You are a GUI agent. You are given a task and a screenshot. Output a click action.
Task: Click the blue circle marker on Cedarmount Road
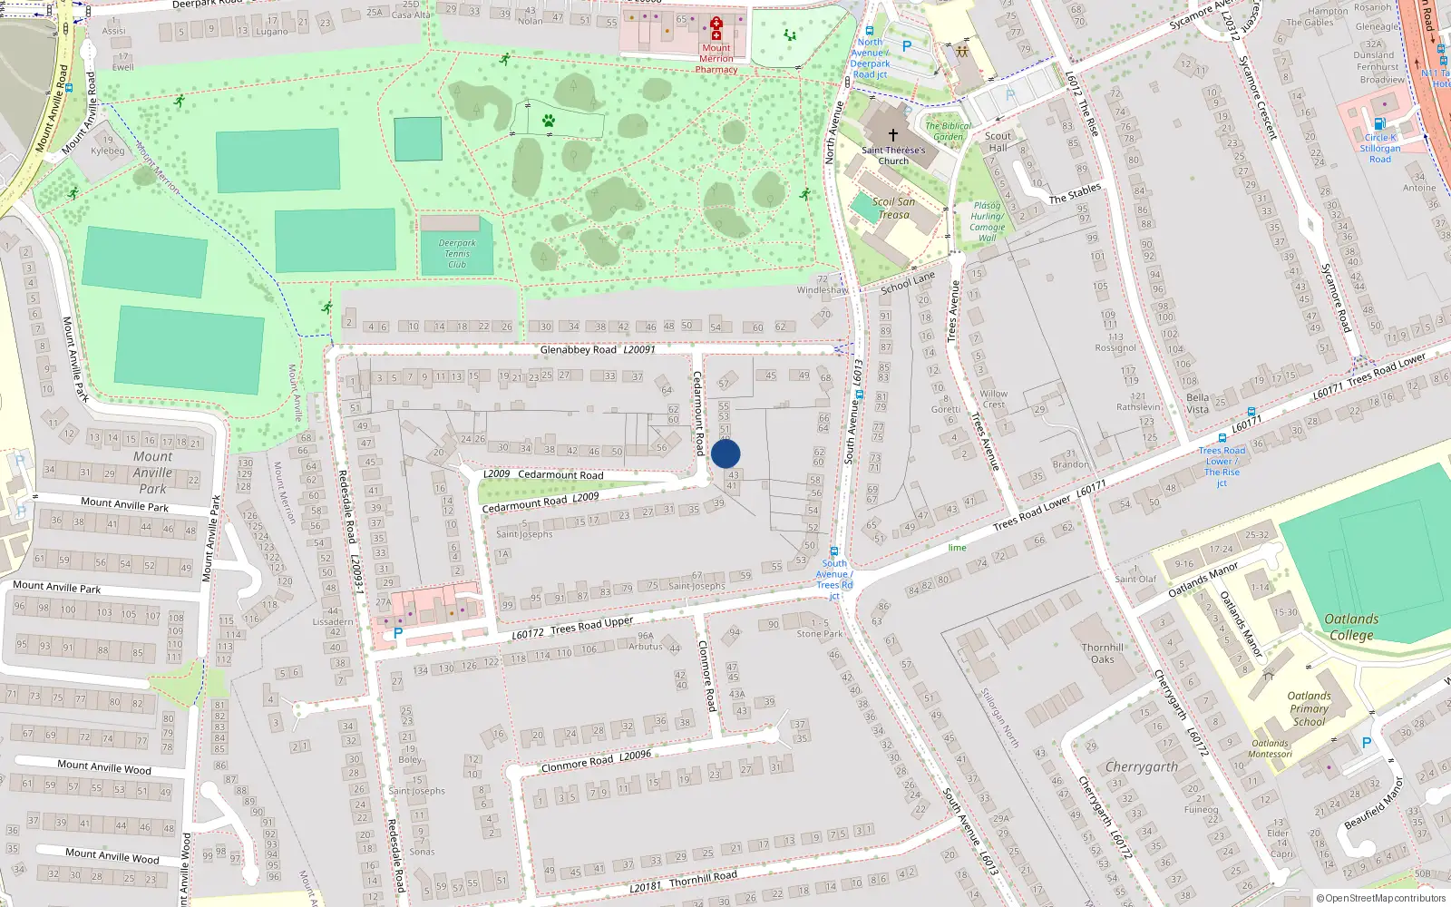(x=725, y=453)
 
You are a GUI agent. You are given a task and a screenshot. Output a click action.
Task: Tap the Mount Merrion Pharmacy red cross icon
(x=716, y=28)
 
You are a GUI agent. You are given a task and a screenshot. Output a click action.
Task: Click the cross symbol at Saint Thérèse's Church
(x=893, y=134)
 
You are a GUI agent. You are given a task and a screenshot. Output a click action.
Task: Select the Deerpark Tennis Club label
(x=457, y=254)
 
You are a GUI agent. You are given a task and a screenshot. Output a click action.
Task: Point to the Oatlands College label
(x=1351, y=627)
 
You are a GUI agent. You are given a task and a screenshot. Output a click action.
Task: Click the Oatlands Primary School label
(x=1309, y=709)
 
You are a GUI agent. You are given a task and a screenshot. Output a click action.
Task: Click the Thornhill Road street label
(x=703, y=877)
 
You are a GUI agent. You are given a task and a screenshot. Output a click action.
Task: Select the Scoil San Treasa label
(x=893, y=209)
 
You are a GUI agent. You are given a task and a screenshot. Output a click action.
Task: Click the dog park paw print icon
(x=549, y=120)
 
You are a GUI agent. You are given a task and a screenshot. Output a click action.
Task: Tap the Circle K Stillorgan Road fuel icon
(x=1379, y=124)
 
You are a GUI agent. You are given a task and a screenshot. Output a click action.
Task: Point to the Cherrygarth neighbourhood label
(x=1142, y=767)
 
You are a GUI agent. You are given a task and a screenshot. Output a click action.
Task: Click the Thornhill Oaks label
(x=1103, y=653)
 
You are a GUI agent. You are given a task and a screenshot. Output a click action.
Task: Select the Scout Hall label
(x=998, y=141)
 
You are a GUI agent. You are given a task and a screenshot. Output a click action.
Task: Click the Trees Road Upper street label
(x=591, y=626)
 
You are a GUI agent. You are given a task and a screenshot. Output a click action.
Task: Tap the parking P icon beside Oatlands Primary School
(x=1367, y=743)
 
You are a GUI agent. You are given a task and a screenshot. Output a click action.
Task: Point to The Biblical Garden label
(x=949, y=132)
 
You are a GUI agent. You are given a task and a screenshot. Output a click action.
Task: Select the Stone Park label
(x=820, y=634)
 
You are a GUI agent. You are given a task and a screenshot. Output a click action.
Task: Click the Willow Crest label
(x=993, y=399)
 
